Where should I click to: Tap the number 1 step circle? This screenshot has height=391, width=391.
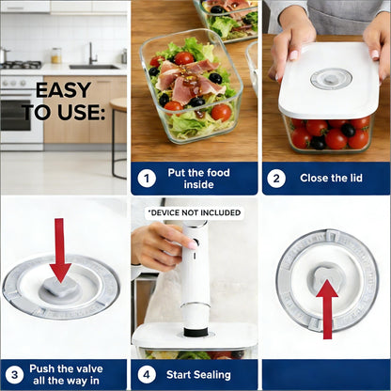point(147,178)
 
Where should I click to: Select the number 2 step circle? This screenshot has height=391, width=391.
point(276,178)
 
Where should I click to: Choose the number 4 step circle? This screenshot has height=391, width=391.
point(147,372)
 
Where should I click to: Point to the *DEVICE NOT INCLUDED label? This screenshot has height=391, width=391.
point(194,212)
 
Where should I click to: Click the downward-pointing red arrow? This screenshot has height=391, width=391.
point(60,250)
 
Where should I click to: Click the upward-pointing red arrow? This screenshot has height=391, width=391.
point(326,305)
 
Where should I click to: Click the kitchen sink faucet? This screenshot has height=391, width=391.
point(91,54)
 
